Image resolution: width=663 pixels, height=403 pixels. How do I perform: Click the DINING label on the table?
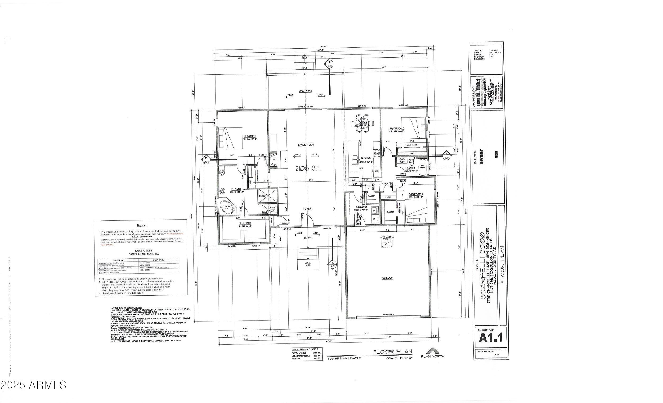click(x=363, y=123)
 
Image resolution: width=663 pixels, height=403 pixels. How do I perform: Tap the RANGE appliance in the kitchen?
click(x=377, y=153)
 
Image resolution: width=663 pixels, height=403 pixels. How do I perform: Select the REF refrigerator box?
click(x=377, y=171)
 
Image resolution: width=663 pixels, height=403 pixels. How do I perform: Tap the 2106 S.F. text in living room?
click(x=308, y=169)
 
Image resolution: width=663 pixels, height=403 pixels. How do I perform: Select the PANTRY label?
click(x=371, y=196)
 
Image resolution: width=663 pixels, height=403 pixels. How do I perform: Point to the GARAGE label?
click(x=387, y=278)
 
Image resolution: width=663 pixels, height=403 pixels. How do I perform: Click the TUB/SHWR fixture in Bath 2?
click(x=422, y=166)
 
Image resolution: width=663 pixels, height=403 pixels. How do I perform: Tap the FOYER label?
click(x=307, y=209)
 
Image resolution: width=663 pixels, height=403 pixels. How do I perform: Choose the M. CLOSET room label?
click(x=245, y=224)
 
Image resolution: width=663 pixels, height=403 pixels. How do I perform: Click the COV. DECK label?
click(x=306, y=91)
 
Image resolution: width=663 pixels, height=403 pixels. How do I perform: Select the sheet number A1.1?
click(x=491, y=338)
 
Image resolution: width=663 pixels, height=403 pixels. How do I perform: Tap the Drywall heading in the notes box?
click(x=142, y=225)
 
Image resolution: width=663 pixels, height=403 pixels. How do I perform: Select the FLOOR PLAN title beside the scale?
click(x=393, y=352)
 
